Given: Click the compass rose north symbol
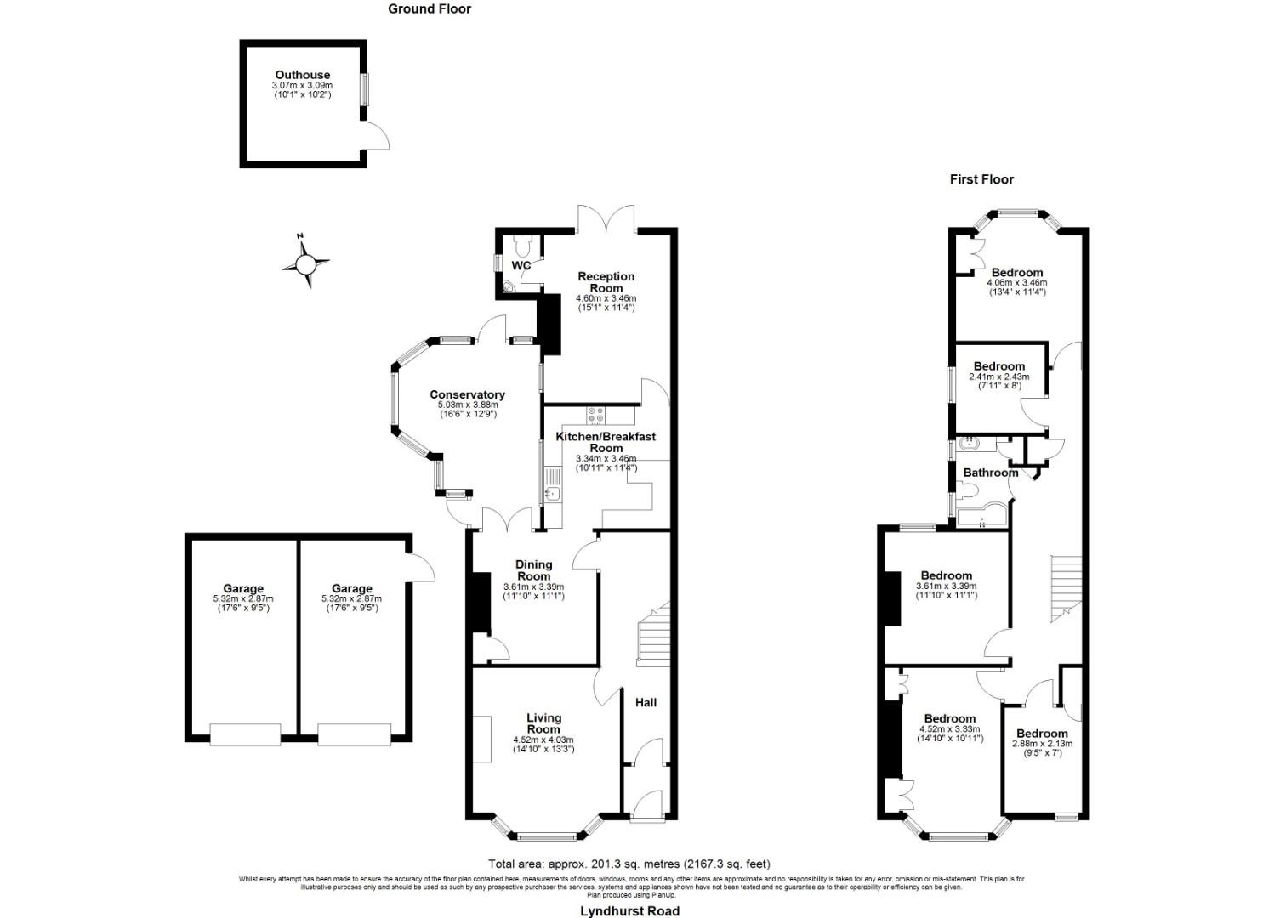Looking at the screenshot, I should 304,264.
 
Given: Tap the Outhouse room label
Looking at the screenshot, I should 302,75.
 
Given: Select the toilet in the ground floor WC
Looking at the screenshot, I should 523,245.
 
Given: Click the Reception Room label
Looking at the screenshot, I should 606,282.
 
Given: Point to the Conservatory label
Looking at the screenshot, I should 467,394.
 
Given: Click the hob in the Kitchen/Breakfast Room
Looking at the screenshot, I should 595,416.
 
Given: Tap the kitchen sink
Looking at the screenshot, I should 551,492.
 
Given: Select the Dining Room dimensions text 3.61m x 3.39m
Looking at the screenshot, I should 533,586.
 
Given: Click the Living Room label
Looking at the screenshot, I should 543,723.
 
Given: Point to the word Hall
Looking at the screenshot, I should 646,702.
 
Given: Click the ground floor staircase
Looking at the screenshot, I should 653,633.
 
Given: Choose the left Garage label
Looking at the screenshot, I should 243,588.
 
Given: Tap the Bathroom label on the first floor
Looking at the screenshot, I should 990,473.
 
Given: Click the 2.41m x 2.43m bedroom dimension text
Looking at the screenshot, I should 998,377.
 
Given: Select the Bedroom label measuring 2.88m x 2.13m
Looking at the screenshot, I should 1042,734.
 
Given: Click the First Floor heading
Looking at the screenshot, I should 981,179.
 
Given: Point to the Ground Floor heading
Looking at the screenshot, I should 430,8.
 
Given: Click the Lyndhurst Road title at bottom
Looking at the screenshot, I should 629,911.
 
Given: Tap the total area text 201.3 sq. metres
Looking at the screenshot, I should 629,864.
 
